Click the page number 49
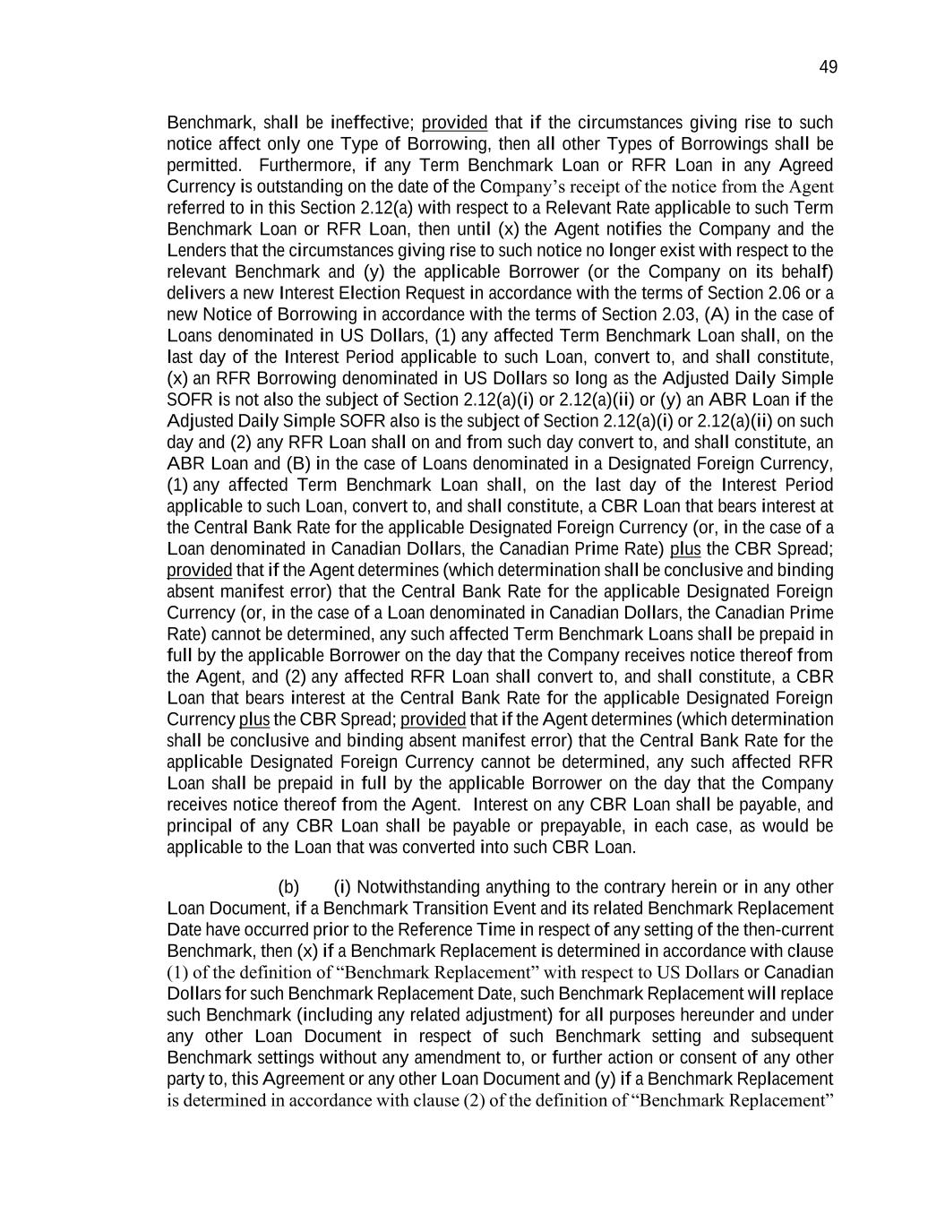click(828, 67)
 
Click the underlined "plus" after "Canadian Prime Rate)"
click(685, 549)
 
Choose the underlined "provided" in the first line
click(454, 123)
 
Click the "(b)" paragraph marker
click(288, 888)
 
